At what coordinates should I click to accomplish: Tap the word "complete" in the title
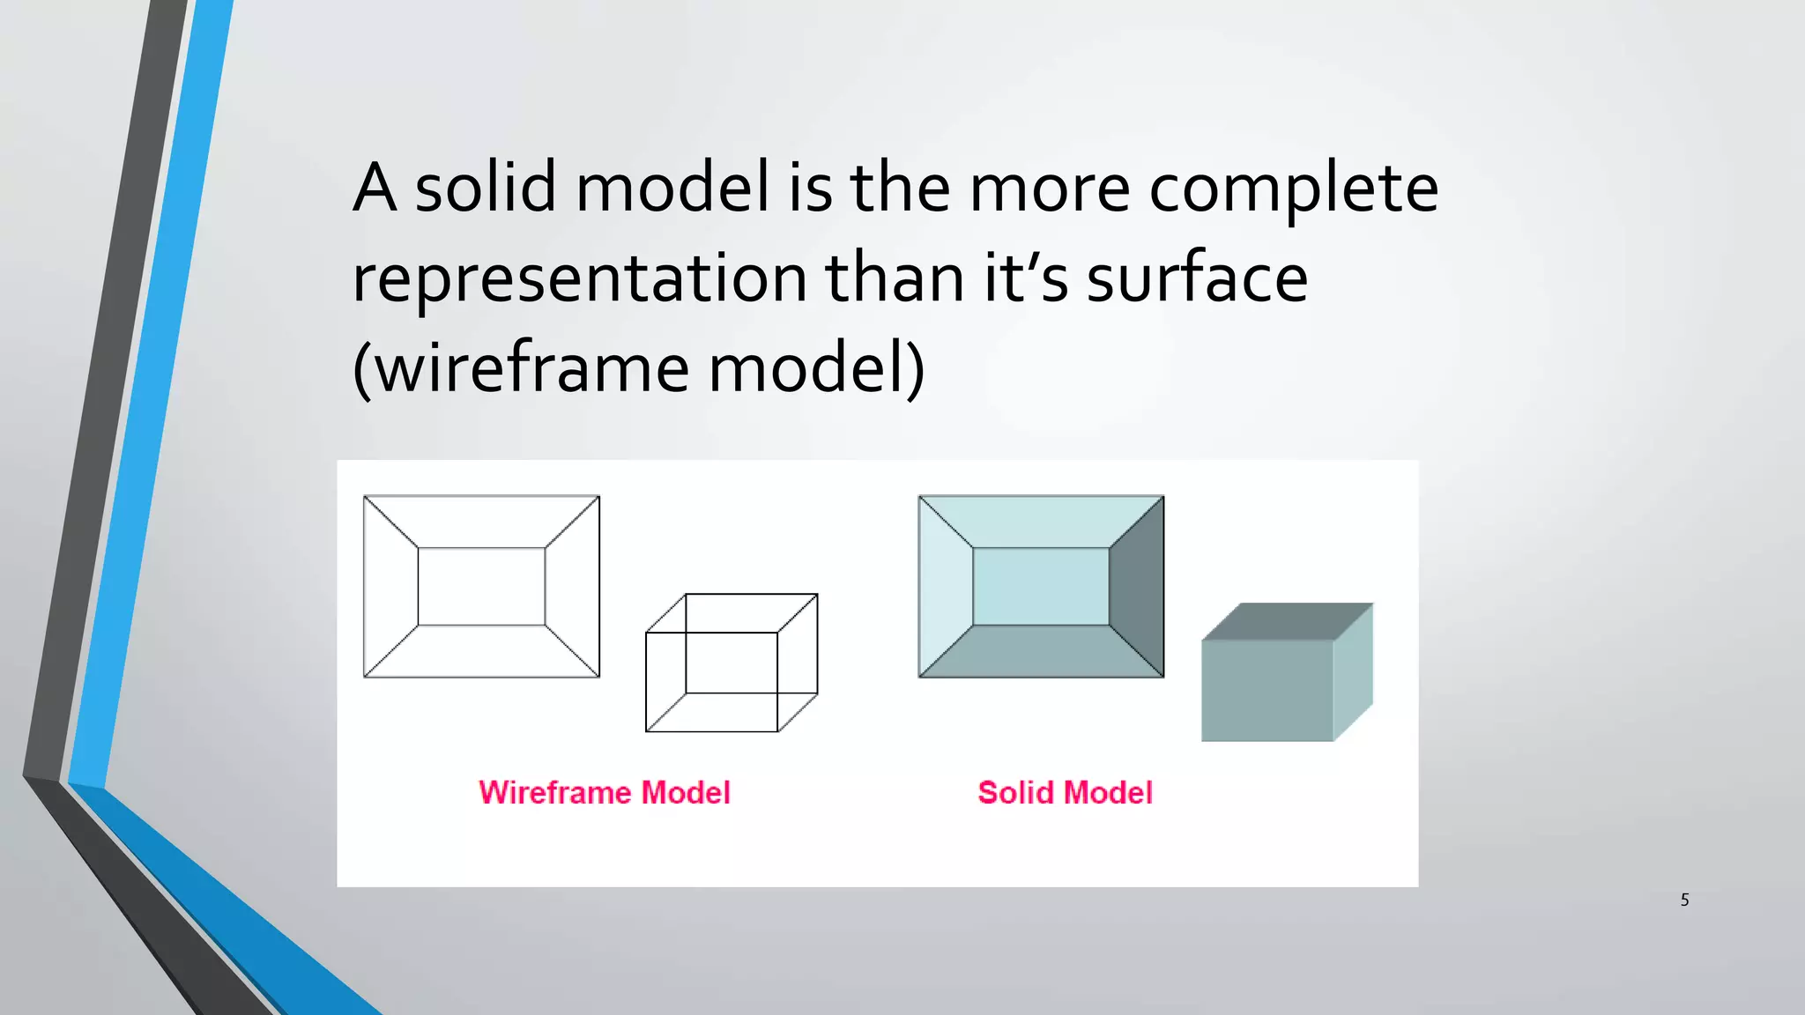click(x=1293, y=189)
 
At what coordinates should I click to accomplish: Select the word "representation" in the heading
click(x=579, y=278)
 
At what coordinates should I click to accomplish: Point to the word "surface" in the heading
click(x=1196, y=278)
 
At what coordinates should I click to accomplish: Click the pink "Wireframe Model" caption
click(x=605, y=793)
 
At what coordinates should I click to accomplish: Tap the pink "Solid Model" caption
click(x=1065, y=793)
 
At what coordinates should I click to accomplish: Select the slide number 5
click(x=1684, y=900)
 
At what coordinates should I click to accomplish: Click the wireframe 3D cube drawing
click(x=732, y=663)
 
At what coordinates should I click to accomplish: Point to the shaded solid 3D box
click(x=1287, y=673)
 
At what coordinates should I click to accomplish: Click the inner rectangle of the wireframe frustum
click(x=481, y=587)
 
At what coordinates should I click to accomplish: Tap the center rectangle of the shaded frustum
click(x=1041, y=587)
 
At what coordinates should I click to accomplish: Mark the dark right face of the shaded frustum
click(x=1137, y=587)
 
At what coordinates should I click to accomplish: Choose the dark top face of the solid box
click(x=1287, y=621)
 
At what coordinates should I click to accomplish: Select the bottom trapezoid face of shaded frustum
click(x=1041, y=652)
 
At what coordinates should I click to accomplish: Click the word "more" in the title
click(x=1049, y=189)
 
